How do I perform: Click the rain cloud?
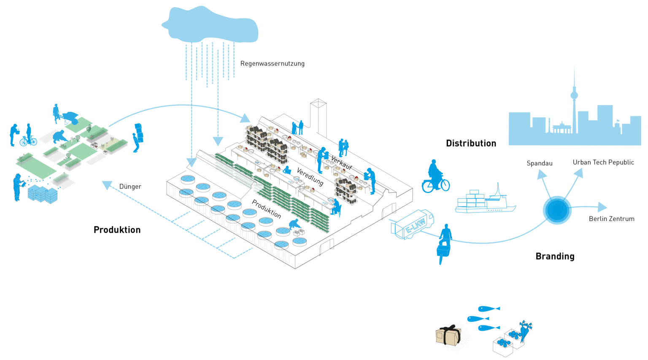pos(210,25)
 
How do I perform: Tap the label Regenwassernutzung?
pos(272,64)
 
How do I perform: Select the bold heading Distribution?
pos(471,143)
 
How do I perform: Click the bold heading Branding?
pos(555,257)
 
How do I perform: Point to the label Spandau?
pos(539,163)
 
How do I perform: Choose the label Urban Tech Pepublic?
pos(603,162)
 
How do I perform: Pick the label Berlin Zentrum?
pos(611,219)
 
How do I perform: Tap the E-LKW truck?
pos(413,225)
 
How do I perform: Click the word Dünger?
pos(130,187)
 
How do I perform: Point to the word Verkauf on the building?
pos(341,163)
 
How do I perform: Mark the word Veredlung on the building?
pos(310,176)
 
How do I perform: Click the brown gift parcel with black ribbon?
pos(448,336)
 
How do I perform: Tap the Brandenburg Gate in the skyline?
pos(562,128)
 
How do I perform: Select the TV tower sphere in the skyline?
pos(574,95)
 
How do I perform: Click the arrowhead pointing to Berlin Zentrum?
pos(602,207)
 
